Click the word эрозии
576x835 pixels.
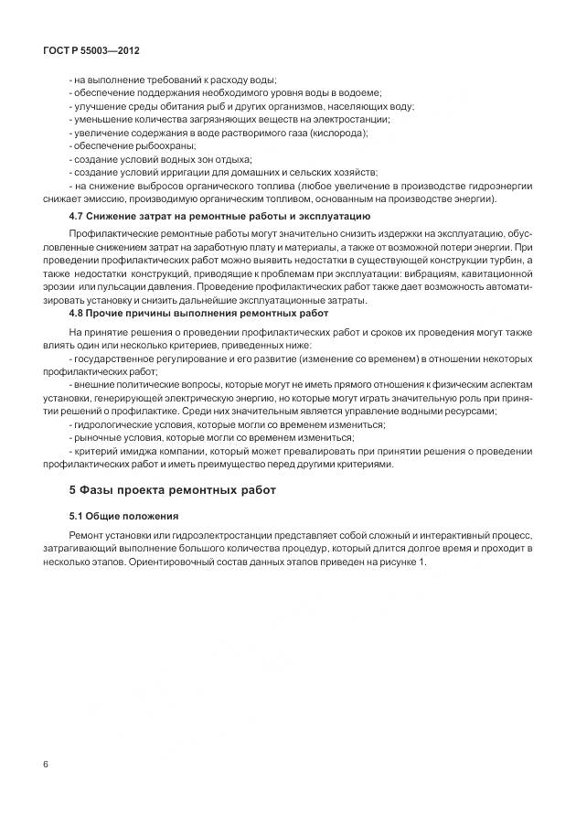60,287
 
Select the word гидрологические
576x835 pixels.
113,424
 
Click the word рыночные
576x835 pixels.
97,438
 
